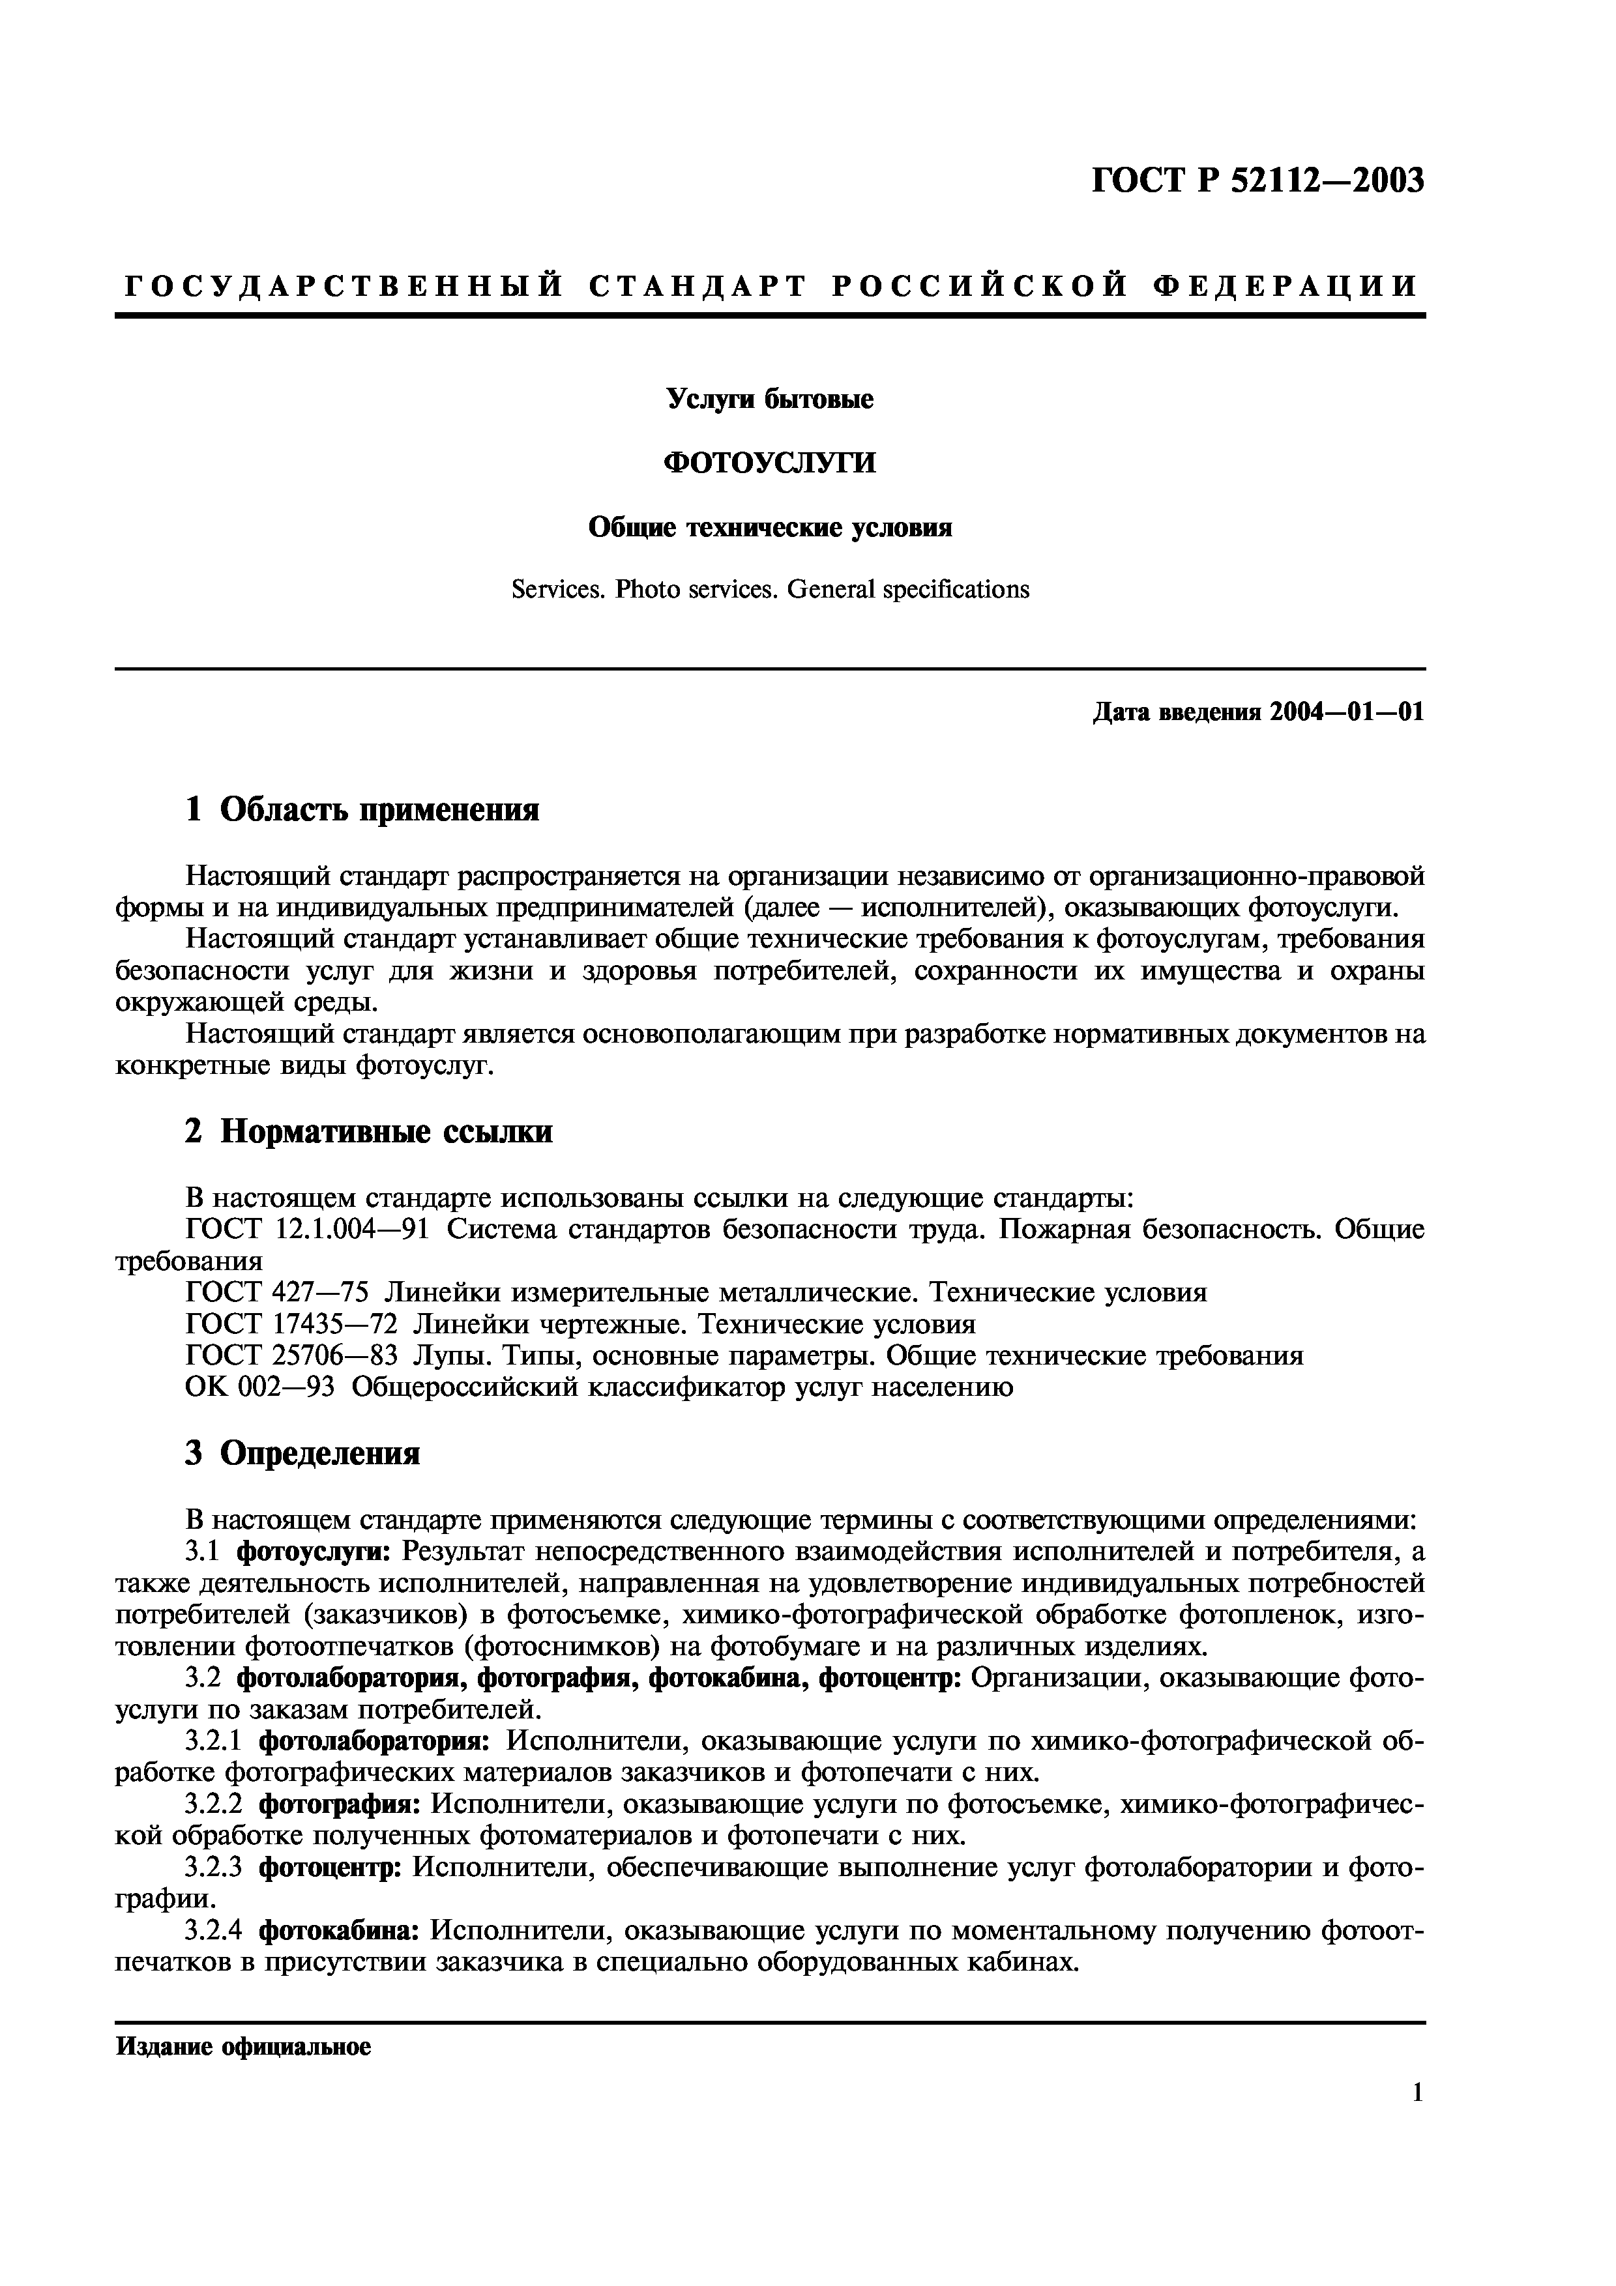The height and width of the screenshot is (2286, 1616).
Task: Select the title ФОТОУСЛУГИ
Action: (770, 463)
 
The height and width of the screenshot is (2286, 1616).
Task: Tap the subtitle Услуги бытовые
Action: (770, 399)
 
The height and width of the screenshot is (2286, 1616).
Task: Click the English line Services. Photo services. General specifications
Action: (770, 590)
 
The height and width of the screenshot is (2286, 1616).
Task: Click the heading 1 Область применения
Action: (362, 809)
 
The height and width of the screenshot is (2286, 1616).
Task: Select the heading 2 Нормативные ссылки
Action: (368, 1131)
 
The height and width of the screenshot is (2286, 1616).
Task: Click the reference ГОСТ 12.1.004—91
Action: (308, 1230)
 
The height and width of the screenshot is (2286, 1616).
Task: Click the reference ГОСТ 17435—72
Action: (292, 1324)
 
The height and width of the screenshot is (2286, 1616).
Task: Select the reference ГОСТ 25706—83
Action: (292, 1356)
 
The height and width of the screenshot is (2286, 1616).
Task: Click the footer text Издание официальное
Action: (244, 2048)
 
